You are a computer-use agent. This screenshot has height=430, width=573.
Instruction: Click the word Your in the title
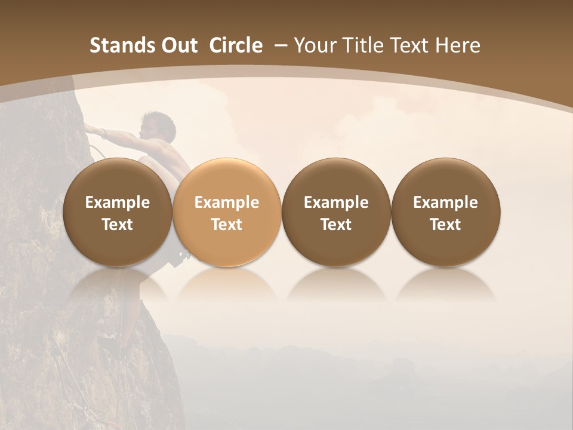coord(315,45)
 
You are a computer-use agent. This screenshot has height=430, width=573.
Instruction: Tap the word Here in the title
coord(459,45)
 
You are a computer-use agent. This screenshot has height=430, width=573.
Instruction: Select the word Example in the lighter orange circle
coord(227,202)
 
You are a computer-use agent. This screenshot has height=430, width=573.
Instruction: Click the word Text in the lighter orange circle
coord(227,225)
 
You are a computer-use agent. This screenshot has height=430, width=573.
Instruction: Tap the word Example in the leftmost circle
coord(118,202)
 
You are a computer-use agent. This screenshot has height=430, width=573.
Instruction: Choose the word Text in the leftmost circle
coord(118,225)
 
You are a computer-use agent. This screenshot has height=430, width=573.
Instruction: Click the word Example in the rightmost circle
coord(446,202)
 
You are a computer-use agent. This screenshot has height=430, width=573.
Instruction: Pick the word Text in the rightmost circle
coord(446,225)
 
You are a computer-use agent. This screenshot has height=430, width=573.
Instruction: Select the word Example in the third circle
coord(336,202)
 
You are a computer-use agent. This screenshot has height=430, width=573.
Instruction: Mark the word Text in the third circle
coord(336,225)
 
